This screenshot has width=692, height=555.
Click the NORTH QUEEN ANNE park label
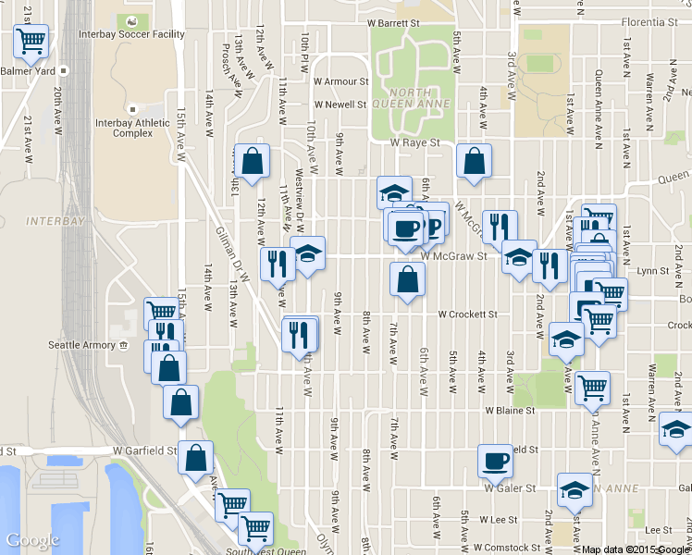(x=397, y=99)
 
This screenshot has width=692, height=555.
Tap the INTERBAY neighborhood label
(x=56, y=222)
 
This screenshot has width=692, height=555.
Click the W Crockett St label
(x=467, y=314)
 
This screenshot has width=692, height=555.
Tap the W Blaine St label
(x=510, y=410)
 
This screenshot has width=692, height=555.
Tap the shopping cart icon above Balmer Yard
(x=31, y=40)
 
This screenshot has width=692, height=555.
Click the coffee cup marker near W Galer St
(x=495, y=460)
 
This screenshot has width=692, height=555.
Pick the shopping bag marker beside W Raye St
(x=474, y=160)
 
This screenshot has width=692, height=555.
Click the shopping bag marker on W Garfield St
(x=196, y=457)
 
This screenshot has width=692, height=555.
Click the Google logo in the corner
(x=32, y=540)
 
